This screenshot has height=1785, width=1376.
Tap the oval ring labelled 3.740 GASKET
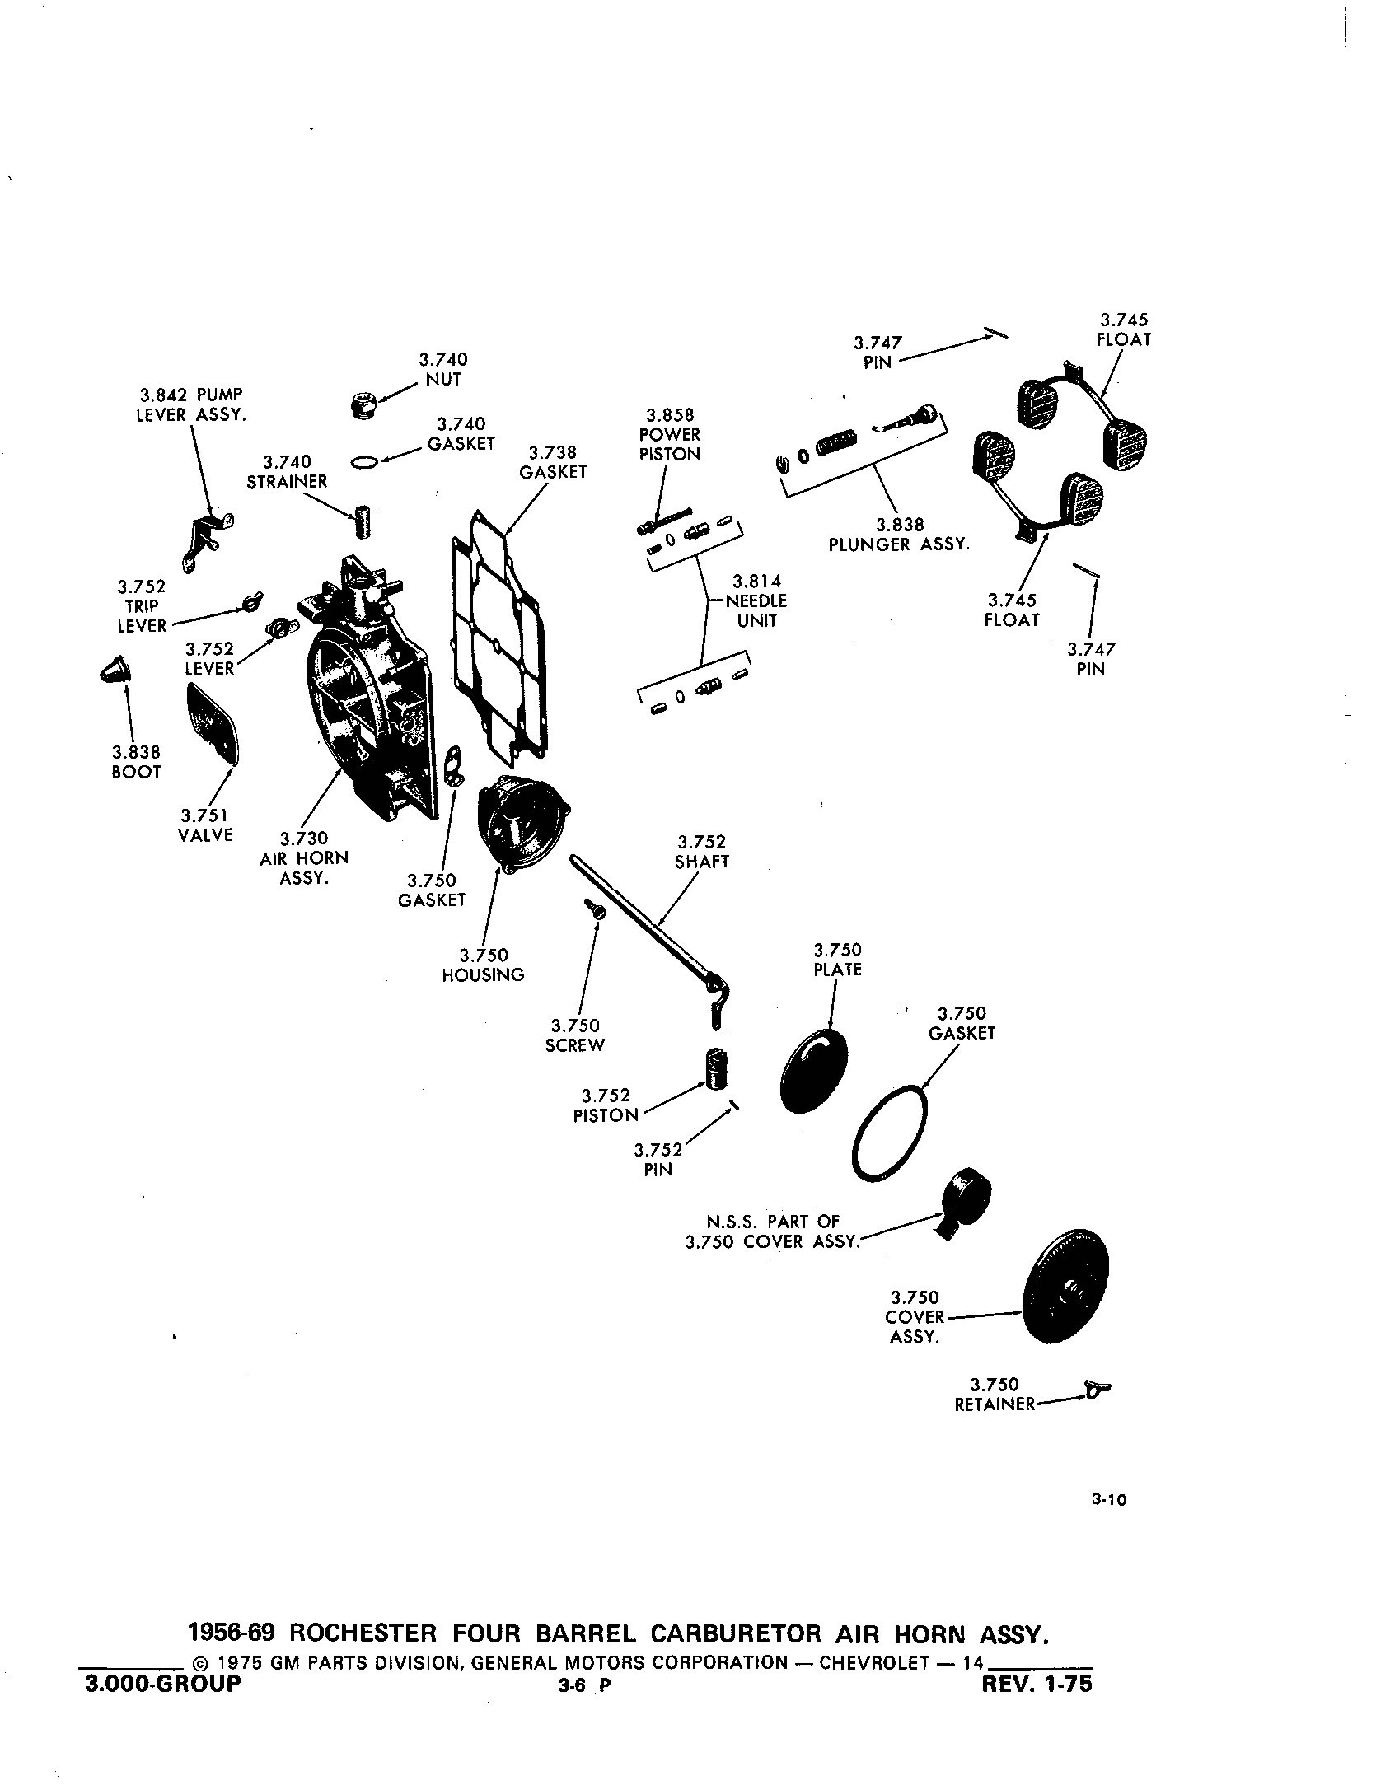[364, 463]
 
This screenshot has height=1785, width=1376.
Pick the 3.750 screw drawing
[597, 909]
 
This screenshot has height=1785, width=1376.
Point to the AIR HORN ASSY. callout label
[304, 858]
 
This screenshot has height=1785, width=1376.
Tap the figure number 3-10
[1108, 1501]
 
